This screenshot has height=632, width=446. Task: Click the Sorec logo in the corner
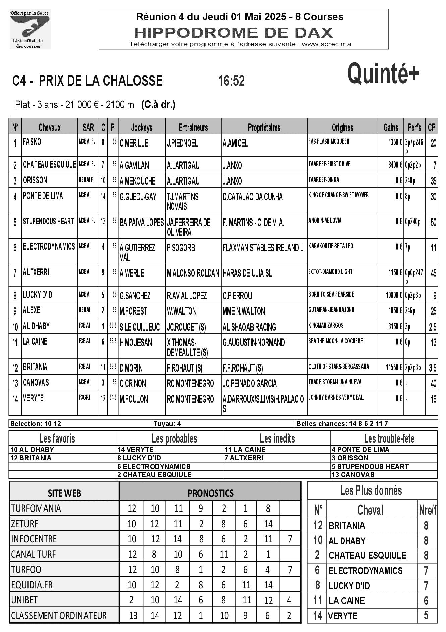pos(30,30)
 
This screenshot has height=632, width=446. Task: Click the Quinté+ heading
pos(383,74)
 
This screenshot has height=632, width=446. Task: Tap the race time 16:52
pos(231,81)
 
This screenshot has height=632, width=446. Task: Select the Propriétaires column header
pos(264,127)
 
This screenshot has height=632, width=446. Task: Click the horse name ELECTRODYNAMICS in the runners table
pos(49,247)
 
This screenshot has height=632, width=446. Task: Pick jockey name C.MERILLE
pos(134,143)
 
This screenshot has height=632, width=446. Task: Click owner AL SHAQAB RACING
pos(249,327)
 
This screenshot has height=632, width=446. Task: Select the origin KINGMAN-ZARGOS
pos(326,325)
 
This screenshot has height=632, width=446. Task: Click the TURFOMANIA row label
pos(36,508)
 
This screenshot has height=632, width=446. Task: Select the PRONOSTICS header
pos(211,493)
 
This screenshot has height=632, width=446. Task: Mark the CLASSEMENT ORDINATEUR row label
pos(59,616)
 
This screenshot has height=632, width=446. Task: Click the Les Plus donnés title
pos(371,491)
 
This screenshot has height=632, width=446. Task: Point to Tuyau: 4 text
pos(167,424)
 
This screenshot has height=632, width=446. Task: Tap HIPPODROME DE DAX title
pos(233,33)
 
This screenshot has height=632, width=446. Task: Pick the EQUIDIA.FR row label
pos(32,585)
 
